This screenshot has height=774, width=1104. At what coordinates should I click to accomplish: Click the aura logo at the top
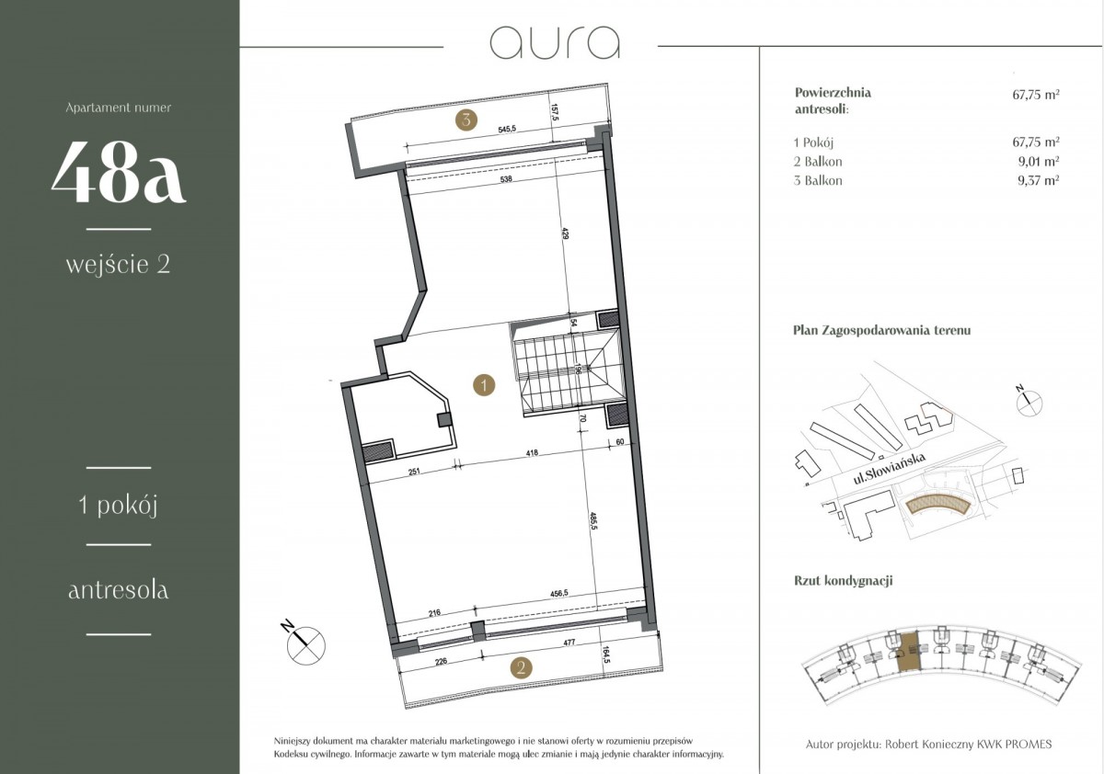pyautogui.click(x=555, y=43)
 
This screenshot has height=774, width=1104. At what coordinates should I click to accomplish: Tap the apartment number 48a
pyautogui.click(x=119, y=171)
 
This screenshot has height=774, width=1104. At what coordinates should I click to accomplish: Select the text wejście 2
pyautogui.click(x=119, y=265)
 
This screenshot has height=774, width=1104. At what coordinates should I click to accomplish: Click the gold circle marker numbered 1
pyautogui.click(x=484, y=384)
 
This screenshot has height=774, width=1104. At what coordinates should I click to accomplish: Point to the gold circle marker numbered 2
pyautogui.click(x=522, y=667)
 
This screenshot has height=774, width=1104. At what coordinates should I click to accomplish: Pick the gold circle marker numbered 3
pyautogui.click(x=466, y=120)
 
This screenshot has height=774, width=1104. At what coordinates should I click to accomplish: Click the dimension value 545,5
pyautogui.click(x=508, y=130)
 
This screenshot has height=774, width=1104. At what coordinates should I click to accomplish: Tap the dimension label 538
pyautogui.click(x=506, y=179)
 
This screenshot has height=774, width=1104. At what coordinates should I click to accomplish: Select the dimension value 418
pyautogui.click(x=532, y=452)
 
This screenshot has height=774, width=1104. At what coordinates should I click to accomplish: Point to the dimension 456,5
pyautogui.click(x=559, y=593)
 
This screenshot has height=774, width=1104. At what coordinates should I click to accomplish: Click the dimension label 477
pyautogui.click(x=569, y=642)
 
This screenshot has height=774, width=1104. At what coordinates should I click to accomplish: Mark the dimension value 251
pyautogui.click(x=414, y=472)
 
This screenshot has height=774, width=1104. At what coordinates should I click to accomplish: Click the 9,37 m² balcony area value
pyautogui.click(x=1039, y=180)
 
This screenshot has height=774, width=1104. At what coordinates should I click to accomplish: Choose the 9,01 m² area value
pyautogui.click(x=1039, y=161)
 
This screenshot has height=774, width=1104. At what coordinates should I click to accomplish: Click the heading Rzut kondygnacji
pyautogui.click(x=844, y=581)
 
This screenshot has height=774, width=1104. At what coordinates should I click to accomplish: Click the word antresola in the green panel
pyautogui.click(x=119, y=590)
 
